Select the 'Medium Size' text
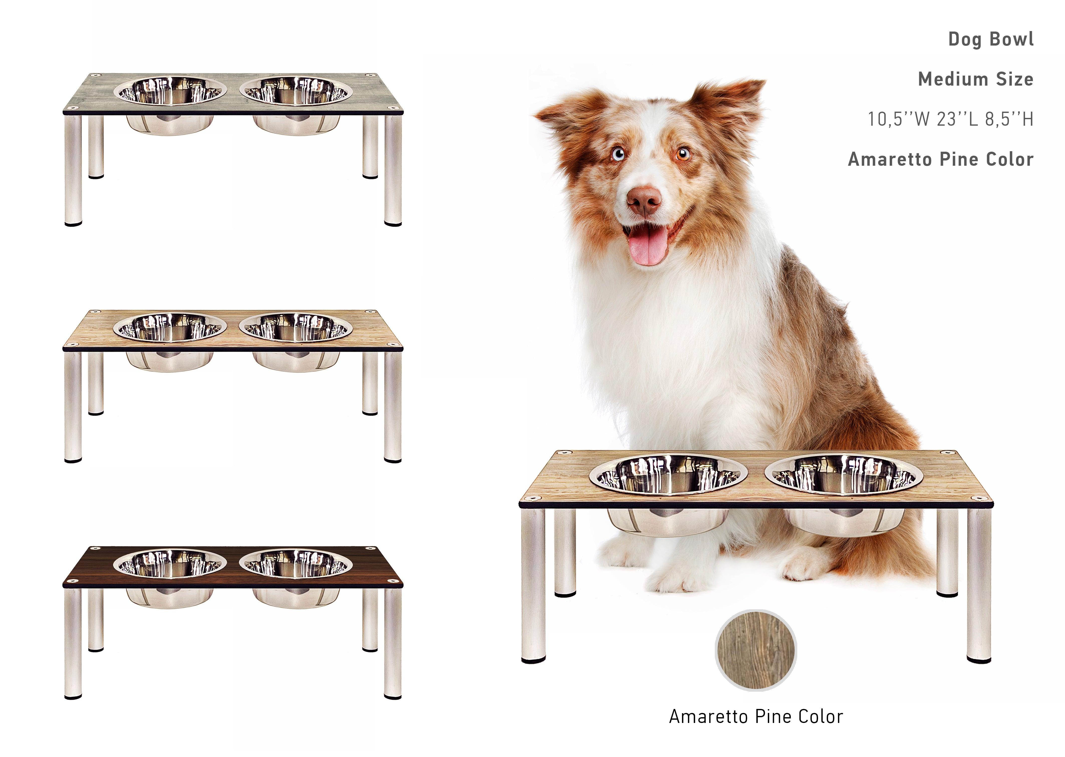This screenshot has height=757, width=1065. point(976,79)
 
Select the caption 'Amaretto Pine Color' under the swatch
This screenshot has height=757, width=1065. point(756,716)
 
